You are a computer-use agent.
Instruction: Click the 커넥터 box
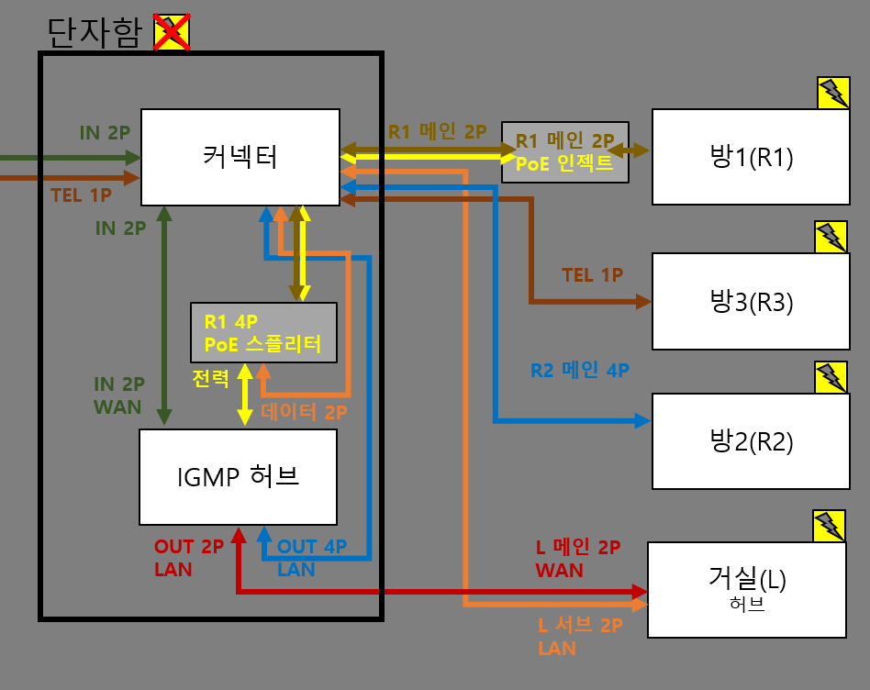click(240, 157)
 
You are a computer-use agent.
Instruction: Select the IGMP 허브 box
click(238, 476)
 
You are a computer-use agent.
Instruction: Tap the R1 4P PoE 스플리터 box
click(263, 332)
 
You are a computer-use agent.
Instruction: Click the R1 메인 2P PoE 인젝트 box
click(564, 151)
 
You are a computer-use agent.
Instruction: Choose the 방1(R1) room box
click(750, 156)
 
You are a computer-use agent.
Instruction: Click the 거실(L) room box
click(747, 589)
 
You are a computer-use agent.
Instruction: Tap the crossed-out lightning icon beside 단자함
click(172, 32)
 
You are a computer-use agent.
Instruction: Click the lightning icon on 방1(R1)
click(832, 93)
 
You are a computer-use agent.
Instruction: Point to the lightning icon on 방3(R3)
click(831, 237)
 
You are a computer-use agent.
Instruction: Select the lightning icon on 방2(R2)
click(831, 376)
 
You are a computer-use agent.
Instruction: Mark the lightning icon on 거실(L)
click(829, 526)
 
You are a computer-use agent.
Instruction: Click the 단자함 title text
click(95, 33)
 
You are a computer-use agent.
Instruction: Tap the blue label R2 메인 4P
click(579, 371)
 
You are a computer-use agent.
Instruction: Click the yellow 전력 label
click(211, 378)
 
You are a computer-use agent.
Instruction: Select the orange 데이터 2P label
click(304, 413)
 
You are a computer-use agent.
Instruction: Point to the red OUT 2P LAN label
click(188, 558)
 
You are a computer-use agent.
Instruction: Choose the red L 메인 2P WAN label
click(577, 559)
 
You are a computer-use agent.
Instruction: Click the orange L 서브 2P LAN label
click(579, 637)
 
